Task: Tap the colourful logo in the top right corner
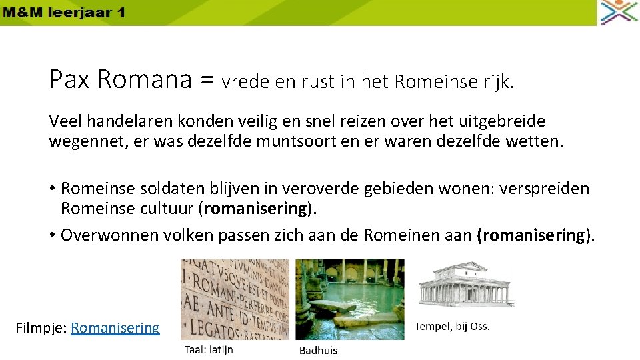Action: tap(619, 13)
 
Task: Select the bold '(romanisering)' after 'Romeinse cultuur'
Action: tap(257, 208)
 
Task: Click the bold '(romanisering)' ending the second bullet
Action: tap(533, 235)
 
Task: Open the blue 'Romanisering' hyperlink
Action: tap(115, 327)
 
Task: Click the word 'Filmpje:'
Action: tap(41, 327)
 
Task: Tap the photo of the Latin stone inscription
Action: tap(235, 299)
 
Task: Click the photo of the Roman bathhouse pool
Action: tap(350, 299)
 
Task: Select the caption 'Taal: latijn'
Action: tap(209, 349)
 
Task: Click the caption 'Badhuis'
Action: tap(318, 350)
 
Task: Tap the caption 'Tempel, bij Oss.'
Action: tap(452, 326)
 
